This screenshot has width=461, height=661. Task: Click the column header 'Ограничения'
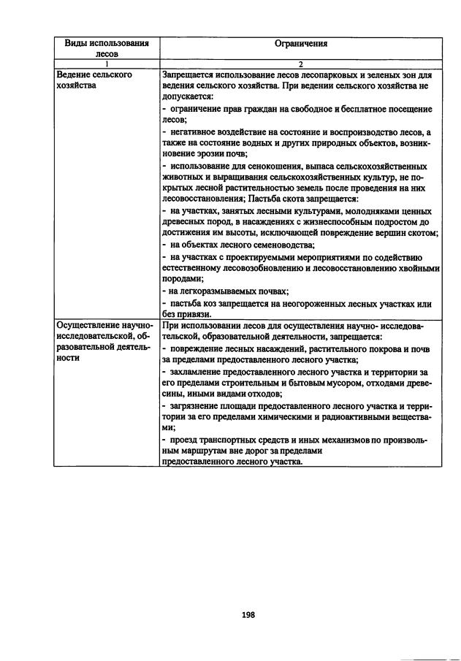tap(301, 43)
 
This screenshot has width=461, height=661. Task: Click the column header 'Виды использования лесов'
tap(107, 48)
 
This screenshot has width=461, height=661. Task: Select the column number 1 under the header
tap(107, 64)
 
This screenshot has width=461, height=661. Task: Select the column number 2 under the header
tap(301, 64)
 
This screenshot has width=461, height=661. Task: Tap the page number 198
tap(248, 615)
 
